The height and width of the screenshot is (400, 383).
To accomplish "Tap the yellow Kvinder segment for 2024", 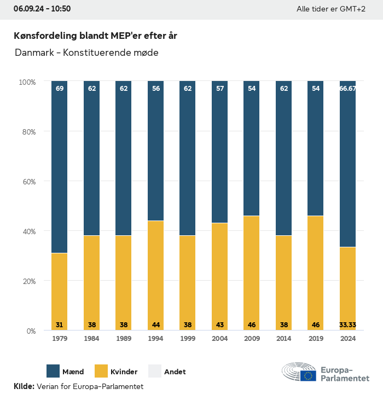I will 347,285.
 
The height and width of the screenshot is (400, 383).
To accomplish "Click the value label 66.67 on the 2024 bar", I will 348,88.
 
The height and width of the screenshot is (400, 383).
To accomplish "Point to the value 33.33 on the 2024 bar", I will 348,325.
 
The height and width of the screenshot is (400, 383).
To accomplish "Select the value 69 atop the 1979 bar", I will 60,88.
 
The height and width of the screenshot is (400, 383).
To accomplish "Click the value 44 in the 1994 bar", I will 155,325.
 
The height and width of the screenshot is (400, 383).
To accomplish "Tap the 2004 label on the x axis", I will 219,339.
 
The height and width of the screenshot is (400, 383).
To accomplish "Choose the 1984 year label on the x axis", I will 91,339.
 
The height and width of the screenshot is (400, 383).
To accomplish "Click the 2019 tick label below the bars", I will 316,339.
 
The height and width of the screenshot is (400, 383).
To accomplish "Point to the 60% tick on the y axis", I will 27,182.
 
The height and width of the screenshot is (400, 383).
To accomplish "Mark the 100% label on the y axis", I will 27,82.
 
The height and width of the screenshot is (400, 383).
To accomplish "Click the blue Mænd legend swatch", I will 53,371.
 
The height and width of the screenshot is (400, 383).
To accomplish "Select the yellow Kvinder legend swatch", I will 101,371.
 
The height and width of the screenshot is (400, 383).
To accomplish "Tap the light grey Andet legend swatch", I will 155,371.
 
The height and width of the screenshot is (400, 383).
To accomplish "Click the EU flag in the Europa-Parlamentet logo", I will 308,375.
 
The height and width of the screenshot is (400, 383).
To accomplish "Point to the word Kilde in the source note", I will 24,386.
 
